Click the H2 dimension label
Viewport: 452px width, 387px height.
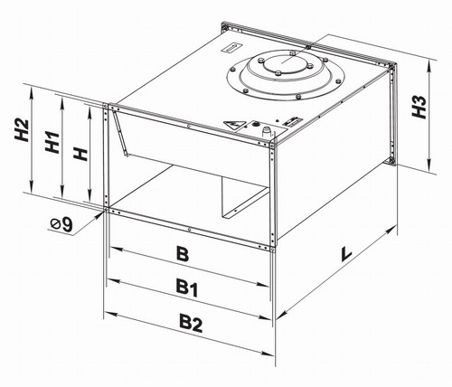(22, 130)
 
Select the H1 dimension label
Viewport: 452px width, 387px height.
(52, 142)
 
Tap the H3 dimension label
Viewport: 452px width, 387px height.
(419, 107)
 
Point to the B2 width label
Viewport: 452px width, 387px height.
(191, 323)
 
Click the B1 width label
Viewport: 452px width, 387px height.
(187, 287)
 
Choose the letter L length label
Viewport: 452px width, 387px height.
(346, 254)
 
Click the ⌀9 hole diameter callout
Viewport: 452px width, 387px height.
(61, 224)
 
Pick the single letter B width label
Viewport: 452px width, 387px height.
(183, 253)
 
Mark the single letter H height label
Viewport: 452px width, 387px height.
(81, 154)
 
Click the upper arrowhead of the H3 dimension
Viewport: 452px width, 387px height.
(429, 66)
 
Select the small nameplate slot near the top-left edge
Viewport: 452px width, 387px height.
(232, 48)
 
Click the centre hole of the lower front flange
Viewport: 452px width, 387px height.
(189, 230)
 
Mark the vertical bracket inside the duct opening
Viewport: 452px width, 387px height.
(119, 134)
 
